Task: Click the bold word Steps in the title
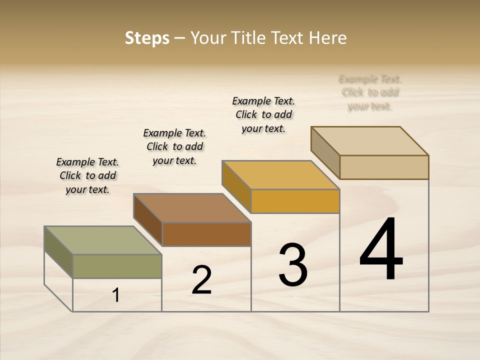(x=147, y=38)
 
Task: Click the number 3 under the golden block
(x=293, y=265)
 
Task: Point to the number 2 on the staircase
(x=201, y=280)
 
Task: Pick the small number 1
(x=116, y=295)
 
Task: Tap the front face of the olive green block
(x=117, y=266)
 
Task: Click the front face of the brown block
(x=206, y=234)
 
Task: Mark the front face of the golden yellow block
(x=295, y=201)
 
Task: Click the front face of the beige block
(x=384, y=167)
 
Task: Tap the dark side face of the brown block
(x=148, y=220)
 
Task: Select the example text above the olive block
(x=87, y=175)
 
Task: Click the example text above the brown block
(x=174, y=146)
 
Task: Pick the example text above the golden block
(x=263, y=114)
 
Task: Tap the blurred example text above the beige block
(x=370, y=92)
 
